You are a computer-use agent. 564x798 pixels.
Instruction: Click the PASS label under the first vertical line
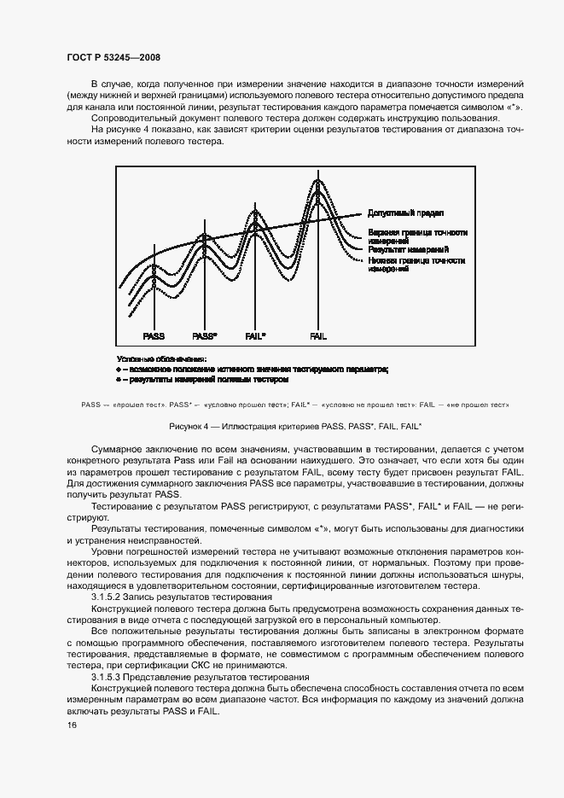click(x=154, y=336)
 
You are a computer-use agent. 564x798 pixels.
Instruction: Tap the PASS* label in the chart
click(x=205, y=336)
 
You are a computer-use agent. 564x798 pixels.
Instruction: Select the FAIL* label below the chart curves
click(x=255, y=336)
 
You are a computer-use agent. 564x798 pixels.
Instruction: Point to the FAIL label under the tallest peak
click(x=318, y=336)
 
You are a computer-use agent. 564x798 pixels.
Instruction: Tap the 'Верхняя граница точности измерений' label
click(x=417, y=236)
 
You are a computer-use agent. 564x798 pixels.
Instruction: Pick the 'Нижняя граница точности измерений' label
click(x=416, y=264)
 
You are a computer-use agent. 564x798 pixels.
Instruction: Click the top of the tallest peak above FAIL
click(x=318, y=180)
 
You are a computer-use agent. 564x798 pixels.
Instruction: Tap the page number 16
click(x=70, y=725)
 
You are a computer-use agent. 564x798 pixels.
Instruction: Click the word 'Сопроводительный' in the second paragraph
click(x=133, y=119)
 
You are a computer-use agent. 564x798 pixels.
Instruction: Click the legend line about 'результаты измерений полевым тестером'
click(x=205, y=379)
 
